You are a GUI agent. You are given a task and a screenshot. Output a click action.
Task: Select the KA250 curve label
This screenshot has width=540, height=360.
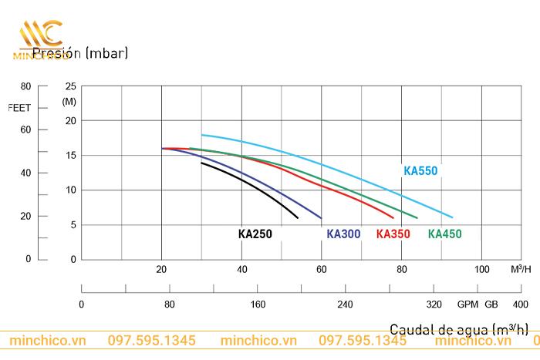click(255, 234)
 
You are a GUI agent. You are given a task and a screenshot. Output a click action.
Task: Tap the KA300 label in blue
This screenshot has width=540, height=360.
click(343, 234)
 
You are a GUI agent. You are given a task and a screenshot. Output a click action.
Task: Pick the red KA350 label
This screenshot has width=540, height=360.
click(393, 234)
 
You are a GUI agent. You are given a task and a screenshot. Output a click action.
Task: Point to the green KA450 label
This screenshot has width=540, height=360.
click(444, 234)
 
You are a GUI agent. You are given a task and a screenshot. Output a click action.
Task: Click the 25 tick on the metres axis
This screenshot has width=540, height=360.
click(71, 86)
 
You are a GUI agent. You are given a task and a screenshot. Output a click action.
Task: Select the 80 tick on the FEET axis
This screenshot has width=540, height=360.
click(25, 86)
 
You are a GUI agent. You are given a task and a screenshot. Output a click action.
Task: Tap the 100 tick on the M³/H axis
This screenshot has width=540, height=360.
click(481, 269)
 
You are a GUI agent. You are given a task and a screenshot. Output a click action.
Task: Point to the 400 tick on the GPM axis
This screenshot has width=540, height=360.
click(520, 304)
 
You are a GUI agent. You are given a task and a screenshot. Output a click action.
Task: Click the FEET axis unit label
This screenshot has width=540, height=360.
click(19, 108)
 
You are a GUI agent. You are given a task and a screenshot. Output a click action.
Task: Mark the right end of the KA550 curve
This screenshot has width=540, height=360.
click(452, 217)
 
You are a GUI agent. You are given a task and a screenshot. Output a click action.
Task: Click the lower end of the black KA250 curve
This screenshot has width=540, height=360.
click(297, 217)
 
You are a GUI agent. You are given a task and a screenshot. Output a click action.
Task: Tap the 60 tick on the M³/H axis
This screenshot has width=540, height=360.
click(322, 269)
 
